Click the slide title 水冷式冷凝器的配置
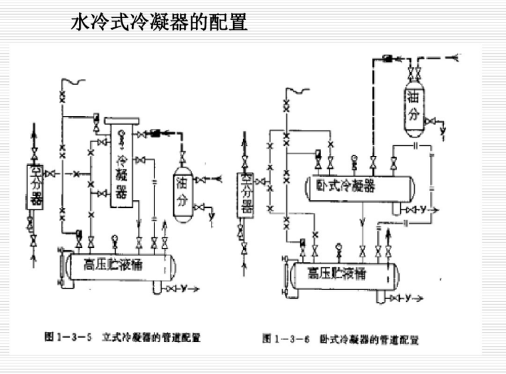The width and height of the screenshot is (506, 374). [159, 23]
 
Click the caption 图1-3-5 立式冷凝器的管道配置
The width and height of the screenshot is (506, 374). [123, 338]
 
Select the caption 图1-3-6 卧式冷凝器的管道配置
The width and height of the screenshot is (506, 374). [340, 339]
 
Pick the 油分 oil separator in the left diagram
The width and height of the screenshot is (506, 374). [183, 190]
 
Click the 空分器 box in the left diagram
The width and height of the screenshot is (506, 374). [35, 187]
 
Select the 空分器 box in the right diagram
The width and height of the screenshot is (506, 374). [247, 194]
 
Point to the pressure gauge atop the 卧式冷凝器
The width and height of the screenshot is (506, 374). [352, 159]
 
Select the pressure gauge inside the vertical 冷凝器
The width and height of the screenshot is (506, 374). [121, 135]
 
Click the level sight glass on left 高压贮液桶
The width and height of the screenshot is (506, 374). [61, 266]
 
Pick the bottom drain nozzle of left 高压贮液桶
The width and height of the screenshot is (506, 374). [157, 287]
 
